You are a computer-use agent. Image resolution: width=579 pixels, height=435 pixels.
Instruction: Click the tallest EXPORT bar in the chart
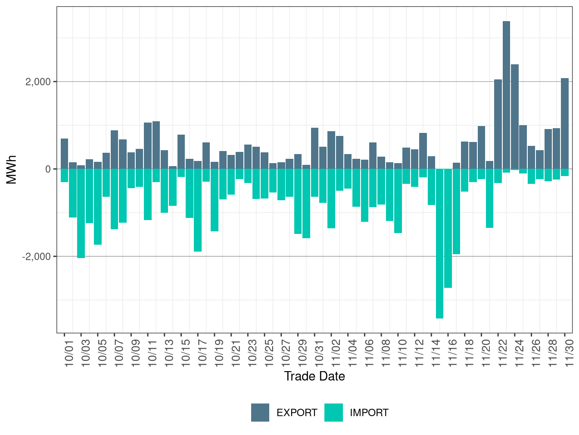click(x=506, y=95)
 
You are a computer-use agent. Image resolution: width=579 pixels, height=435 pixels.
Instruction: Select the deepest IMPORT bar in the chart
click(x=439, y=243)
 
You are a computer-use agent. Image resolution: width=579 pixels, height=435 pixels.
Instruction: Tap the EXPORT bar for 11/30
click(x=565, y=123)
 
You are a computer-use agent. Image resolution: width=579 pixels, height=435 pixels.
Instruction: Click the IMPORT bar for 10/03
click(x=81, y=213)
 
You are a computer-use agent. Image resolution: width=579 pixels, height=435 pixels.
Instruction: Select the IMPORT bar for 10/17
click(x=198, y=210)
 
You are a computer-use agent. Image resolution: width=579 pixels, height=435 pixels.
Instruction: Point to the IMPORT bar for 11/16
click(x=456, y=211)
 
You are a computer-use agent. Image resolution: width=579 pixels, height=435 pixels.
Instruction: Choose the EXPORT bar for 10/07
click(x=114, y=149)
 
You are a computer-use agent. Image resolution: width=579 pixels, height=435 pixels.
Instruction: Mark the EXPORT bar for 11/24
click(x=515, y=117)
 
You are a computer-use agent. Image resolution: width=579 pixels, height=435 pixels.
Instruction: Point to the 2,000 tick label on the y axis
click(x=38, y=82)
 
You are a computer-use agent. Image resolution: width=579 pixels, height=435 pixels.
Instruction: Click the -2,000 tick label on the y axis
click(x=37, y=256)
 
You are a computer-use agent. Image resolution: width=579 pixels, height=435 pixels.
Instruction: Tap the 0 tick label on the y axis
click(x=48, y=169)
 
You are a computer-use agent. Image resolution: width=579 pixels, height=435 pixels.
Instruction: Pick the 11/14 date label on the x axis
click(x=436, y=354)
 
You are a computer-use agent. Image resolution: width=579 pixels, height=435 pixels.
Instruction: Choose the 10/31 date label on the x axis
click(x=319, y=354)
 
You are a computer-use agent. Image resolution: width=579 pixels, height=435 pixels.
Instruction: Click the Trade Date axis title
click(x=314, y=376)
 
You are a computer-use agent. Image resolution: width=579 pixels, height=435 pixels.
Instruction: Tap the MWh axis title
click(x=12, y=169)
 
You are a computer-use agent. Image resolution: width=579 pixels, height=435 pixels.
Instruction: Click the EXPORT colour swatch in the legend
click(x=260, y=413)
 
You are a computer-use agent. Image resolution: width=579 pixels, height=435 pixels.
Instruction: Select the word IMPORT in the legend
click(x=369, y=413)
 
